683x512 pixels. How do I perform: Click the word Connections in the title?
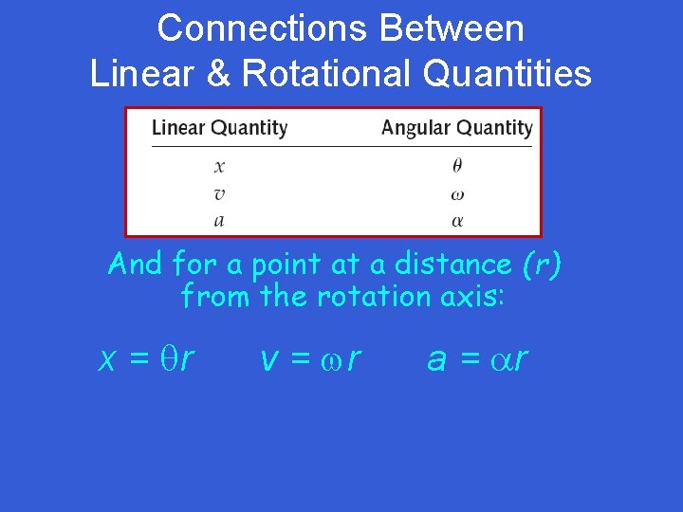pos(261,28)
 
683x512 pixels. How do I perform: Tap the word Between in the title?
pos(452,28)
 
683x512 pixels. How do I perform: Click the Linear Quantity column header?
pos(219,128)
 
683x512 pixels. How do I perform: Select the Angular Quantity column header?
pos(456,128)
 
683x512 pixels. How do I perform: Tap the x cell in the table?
pos(219,166)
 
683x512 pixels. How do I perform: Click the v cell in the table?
pos(219,194)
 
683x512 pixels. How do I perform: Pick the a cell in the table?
pos(219,220)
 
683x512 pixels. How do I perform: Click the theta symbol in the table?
pos(457,165)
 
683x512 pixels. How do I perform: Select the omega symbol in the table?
pos(457,194)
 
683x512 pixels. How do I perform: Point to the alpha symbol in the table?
pos(457,220)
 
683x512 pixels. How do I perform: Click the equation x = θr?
pos(148,358)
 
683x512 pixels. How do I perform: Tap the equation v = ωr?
pos(310,358)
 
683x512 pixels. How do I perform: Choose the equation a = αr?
pos(477,358)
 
